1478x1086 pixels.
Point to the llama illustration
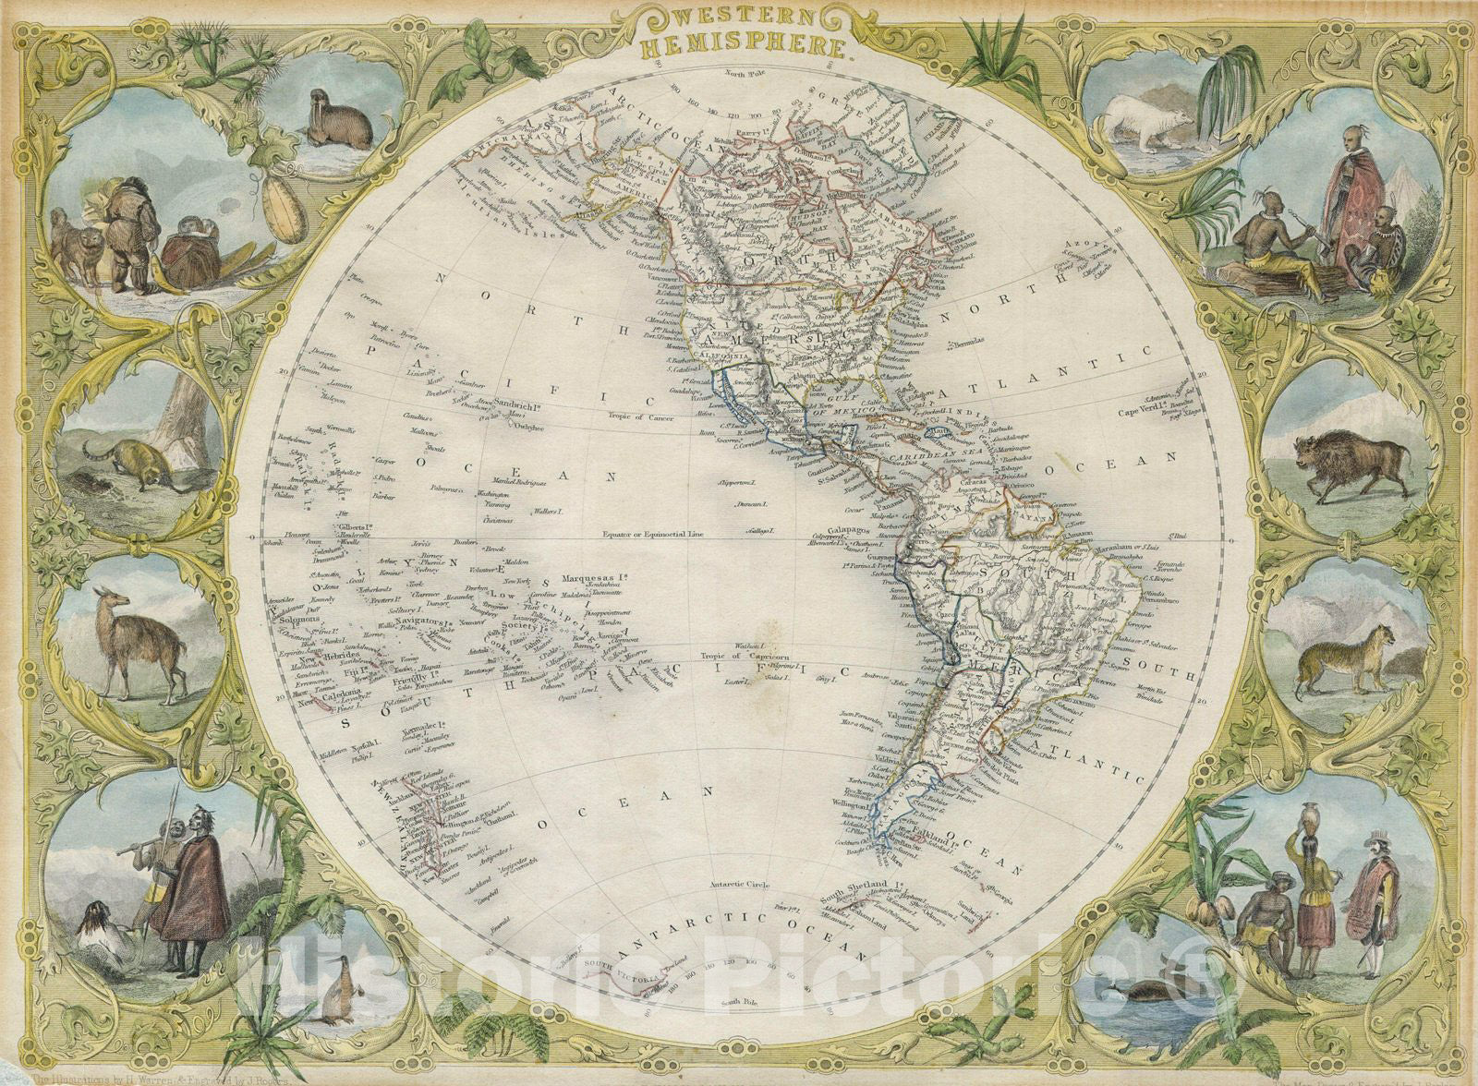tap(139, 636)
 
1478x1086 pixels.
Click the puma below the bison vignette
tap(1348, 658)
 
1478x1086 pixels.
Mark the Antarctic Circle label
tap(739, 885)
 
